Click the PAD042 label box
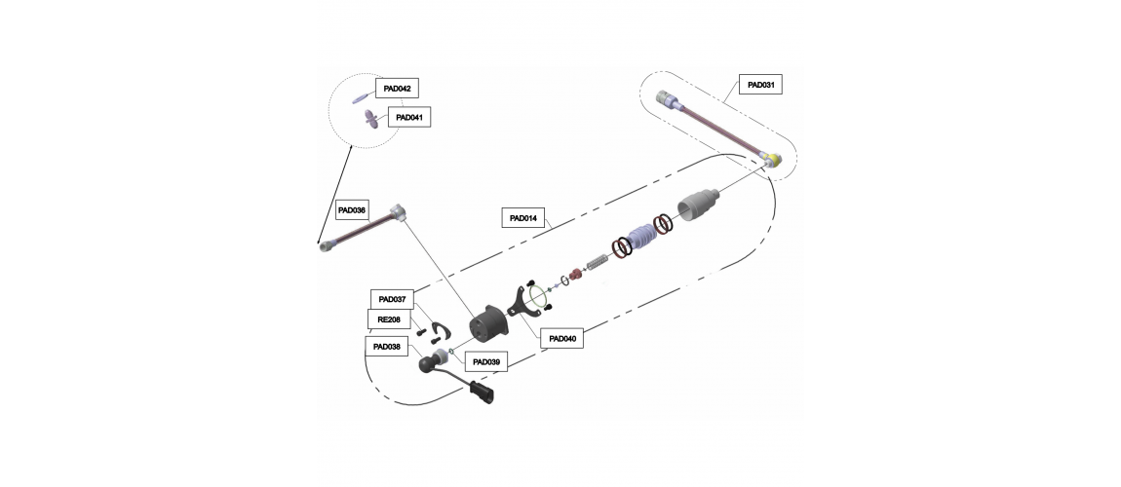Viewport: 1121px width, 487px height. [x=397, y=89]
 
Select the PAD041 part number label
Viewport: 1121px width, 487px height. [x=409, y=117]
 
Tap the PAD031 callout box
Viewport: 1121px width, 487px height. [x=760, y=85]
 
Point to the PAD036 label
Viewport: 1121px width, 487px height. [x=352, y=210]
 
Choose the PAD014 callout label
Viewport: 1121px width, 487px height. [x=523, y=218]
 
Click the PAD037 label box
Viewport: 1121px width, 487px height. [x=392, y=299]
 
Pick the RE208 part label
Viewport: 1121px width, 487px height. [x=389, y=319]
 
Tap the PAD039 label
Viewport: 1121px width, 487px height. [x=486, y=362]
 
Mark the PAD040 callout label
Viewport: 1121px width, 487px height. [x=561, y=339]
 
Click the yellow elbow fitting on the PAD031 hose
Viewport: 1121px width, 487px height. [x=771, y=157]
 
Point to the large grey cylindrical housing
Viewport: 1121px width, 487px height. [x=698, y=205]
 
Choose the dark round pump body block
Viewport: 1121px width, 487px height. [x=489, y=323]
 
